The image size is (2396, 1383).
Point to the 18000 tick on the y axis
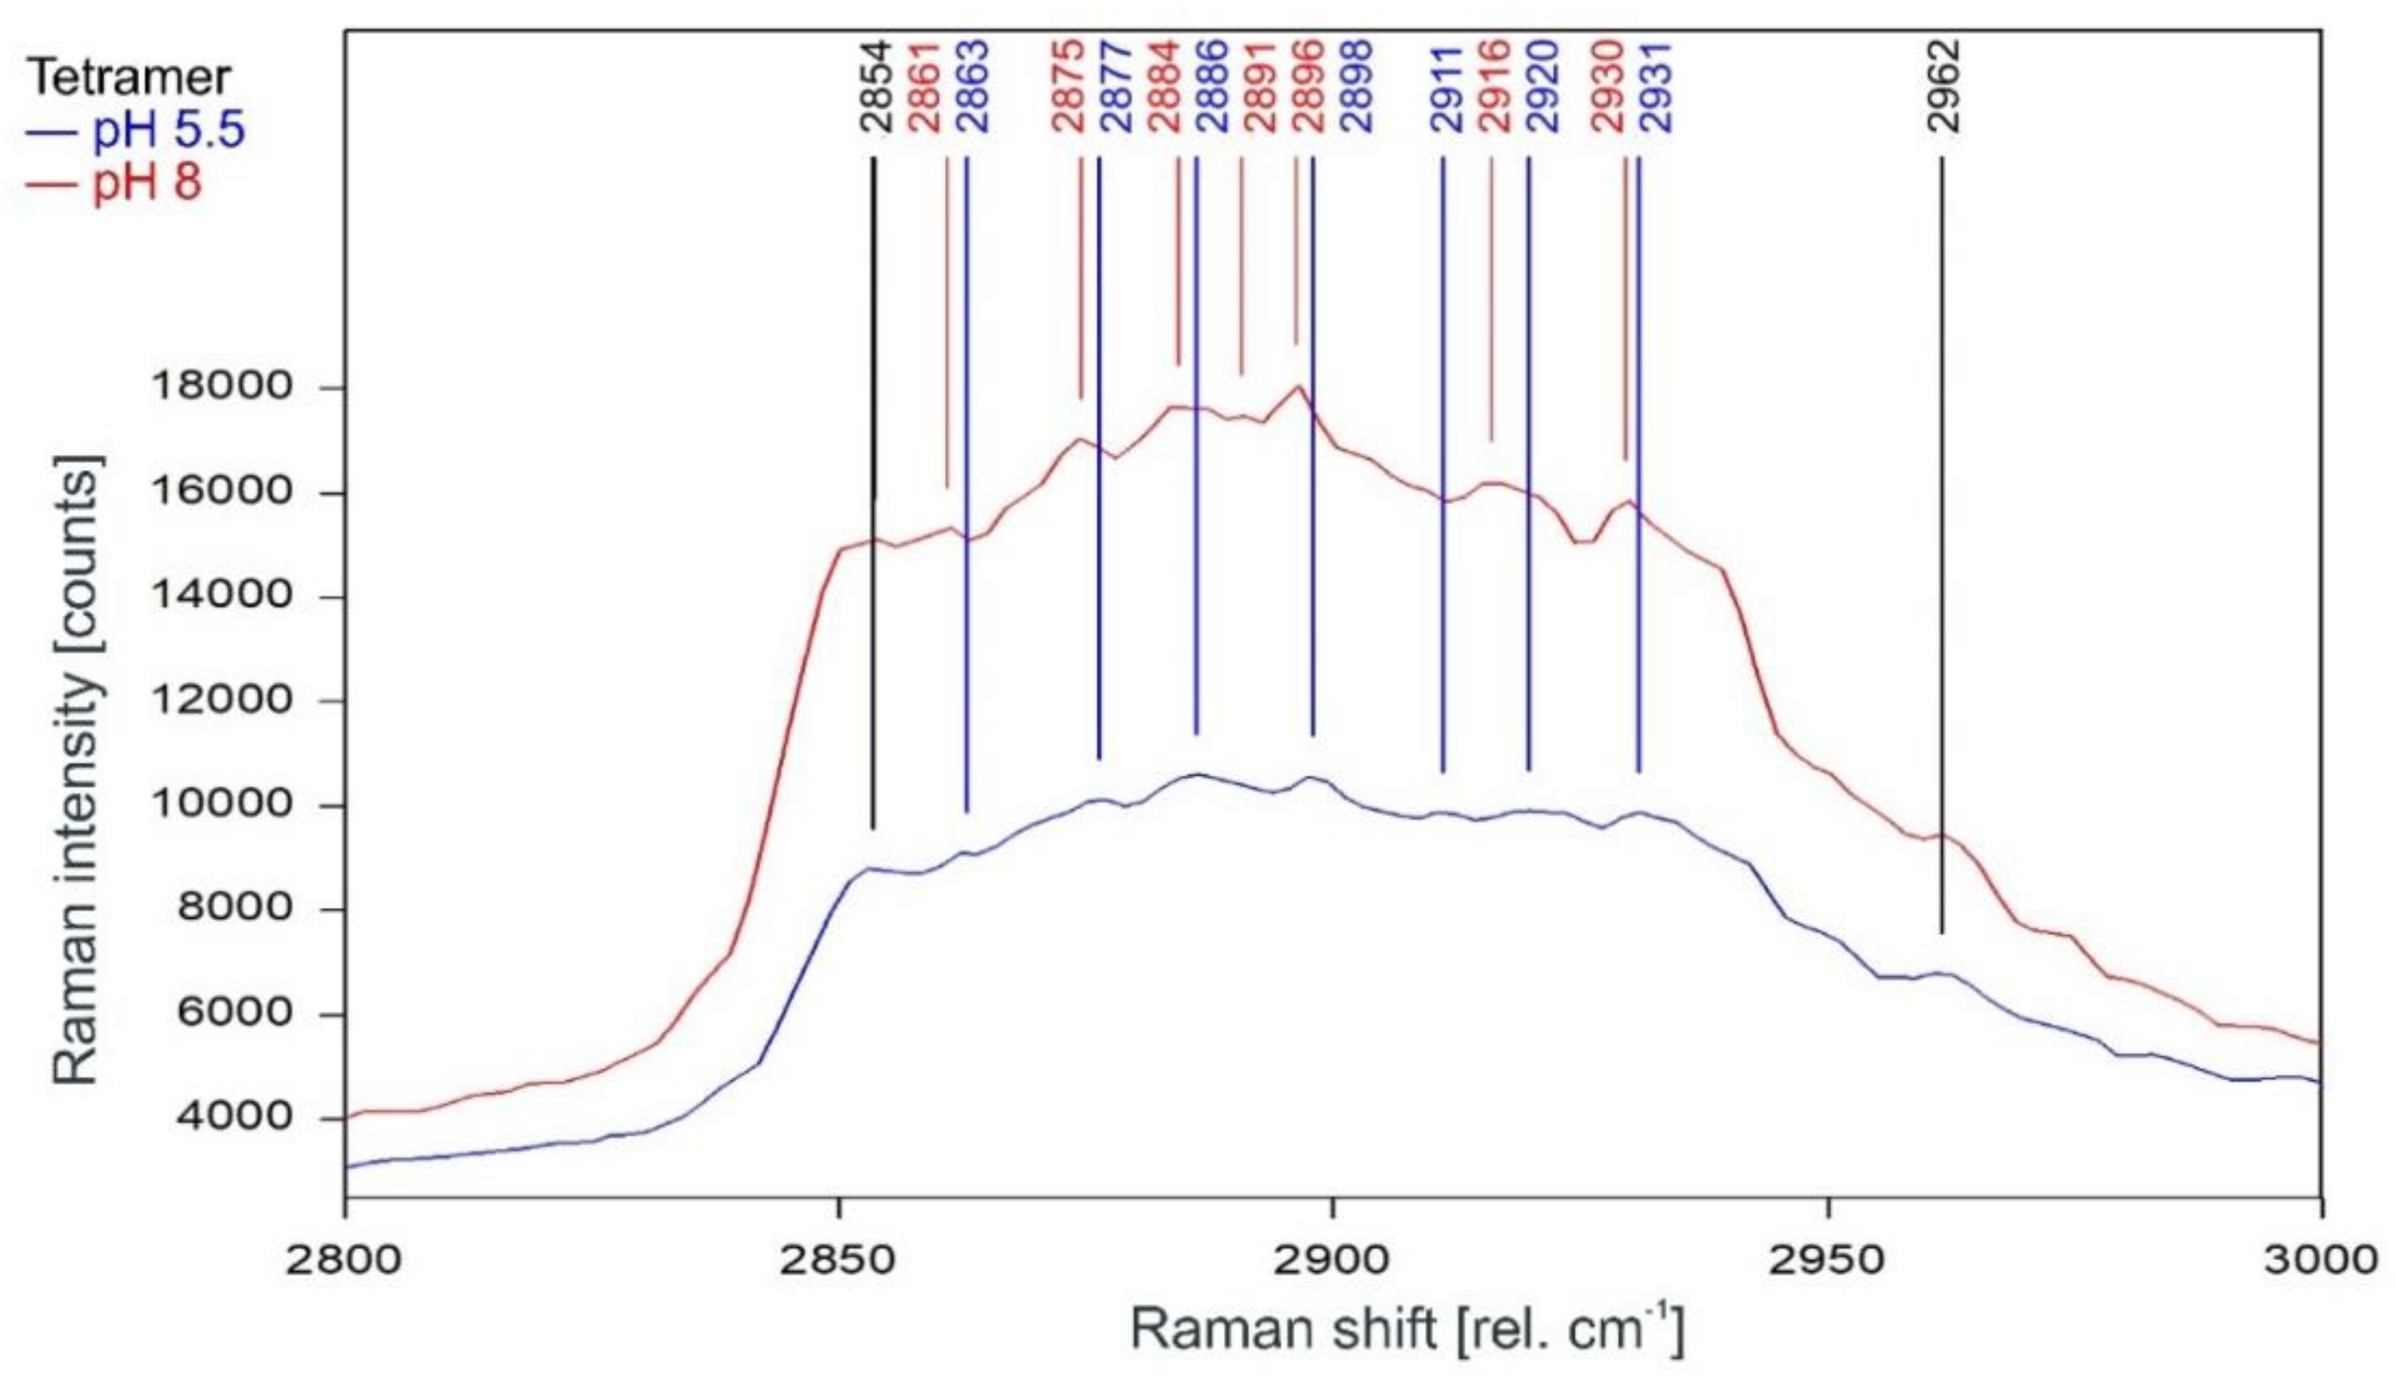pos(221,388)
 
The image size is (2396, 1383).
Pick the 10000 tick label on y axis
pos(221,805)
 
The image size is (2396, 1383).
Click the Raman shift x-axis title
pos(1405,1330)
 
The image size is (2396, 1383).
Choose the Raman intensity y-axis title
pos(76,769)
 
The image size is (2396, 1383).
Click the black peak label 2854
pos(877,86)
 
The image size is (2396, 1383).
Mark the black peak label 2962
pos(1944,86)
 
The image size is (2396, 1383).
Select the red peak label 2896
pos(1308,86)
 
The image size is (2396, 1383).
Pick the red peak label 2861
pos(924,86)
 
